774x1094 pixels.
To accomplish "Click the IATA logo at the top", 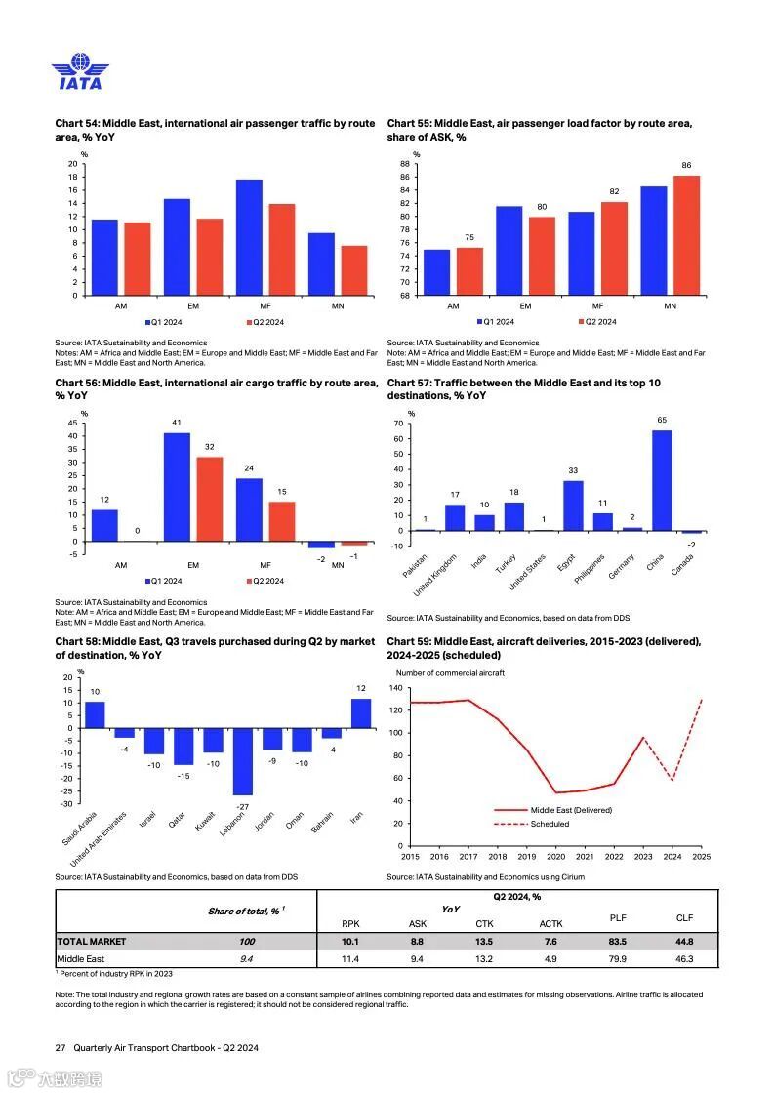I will (x=80, y=74).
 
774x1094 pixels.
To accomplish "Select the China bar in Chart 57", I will (x=662, y=480).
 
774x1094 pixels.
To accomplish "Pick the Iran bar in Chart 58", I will (x=361, y=713).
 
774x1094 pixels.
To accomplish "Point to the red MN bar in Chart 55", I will (x=687, y=234).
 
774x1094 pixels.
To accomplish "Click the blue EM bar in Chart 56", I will (x=177, y=487).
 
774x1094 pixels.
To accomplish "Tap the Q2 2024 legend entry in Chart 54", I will (x=265, y=322).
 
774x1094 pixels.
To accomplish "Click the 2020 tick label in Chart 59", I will (x=555, y=857).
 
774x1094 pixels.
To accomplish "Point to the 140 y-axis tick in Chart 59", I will (x=397, y=688).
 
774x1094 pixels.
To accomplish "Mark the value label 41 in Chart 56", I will (x=177, y=423).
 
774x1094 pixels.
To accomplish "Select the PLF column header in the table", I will (x=618, y=917).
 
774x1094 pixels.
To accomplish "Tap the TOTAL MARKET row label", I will (x=92, y=942).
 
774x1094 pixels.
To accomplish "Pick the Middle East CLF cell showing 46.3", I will (x=683, y=959).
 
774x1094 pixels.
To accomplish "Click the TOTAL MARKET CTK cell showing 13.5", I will (x=484, y=942).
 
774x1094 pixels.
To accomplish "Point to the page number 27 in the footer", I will (x=61, y=1047).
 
